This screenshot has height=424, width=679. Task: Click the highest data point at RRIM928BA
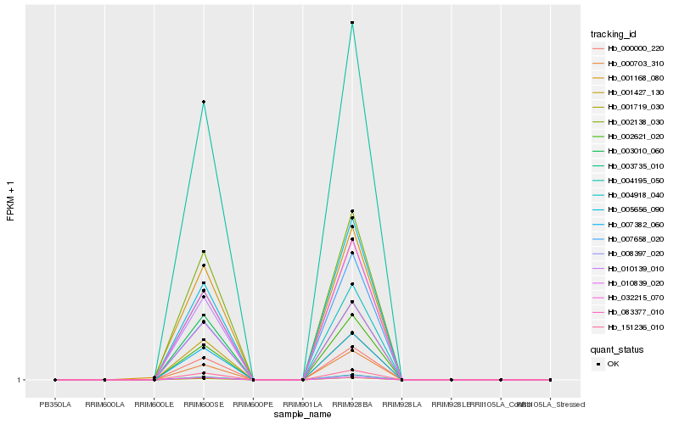(x=352, y=23)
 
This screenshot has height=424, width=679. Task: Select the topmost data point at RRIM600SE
(x=204, y=102)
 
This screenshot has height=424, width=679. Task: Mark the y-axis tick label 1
(x=19, y=380)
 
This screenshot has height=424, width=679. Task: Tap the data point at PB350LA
(x=55, y=380)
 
